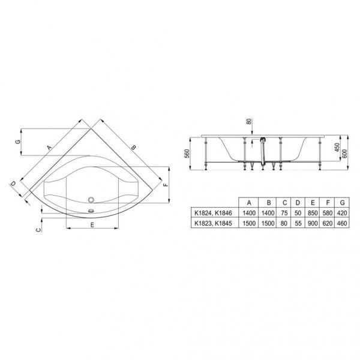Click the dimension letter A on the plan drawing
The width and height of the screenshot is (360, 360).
(x=47, y=146)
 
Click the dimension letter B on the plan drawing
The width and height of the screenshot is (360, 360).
(x=134, y=146)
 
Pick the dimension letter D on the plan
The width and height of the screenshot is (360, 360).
(x=13, y=184)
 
